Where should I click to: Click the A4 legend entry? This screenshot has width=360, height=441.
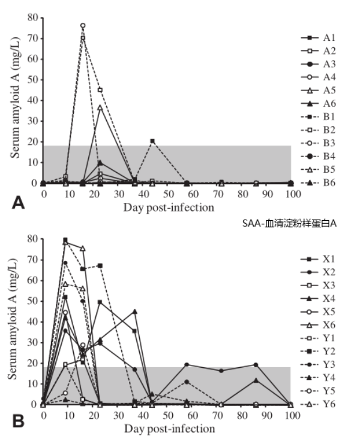point(318,77)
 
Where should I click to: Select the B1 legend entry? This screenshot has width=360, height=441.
point(318,117)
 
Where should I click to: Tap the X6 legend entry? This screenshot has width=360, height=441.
point(318,325)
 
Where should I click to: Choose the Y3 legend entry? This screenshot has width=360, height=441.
point(318,365)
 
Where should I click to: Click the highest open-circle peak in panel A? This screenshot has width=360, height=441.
point(83,26)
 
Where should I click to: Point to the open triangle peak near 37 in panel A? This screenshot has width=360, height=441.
point(100,107)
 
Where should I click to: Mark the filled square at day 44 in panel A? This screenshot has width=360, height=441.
point(152,141)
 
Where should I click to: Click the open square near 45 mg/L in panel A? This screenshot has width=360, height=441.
point(100,90)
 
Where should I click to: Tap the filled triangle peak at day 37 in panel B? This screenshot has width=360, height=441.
point(135,311)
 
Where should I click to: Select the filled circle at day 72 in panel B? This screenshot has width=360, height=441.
point(221,371)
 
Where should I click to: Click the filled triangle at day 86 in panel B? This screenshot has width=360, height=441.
point(256,380)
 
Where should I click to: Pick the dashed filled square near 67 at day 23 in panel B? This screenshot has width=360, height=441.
point(100,265)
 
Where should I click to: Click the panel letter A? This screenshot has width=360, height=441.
point(18,203)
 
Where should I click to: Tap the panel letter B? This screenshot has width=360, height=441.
point(18,422)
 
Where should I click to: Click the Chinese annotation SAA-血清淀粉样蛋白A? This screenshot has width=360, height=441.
point(289,223)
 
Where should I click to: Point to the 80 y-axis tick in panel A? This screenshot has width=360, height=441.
point(33,17)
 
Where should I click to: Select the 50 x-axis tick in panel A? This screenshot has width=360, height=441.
point(169,194)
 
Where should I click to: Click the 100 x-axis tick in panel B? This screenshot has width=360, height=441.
point(293,415)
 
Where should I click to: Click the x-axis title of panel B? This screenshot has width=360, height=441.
point(170,429)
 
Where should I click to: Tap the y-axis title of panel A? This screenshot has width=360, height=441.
point(14,97)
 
